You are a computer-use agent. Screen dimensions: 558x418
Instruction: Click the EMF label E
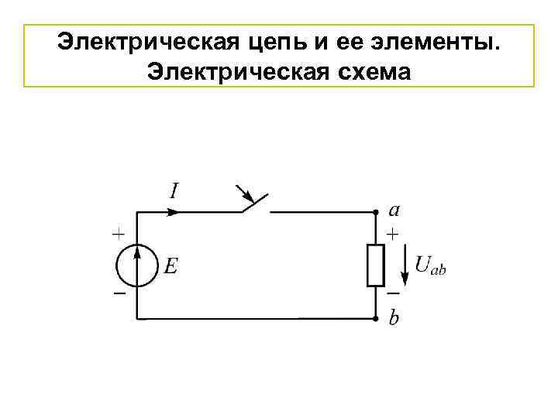pyautogui.click(x=170, y=266)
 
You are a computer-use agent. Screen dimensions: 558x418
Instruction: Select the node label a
pyautogui.click(x=394, y=209)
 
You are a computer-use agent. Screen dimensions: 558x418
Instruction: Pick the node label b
pyautogui.click(x=394, y=318)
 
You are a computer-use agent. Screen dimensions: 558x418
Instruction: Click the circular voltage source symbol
pyautogui.click(x=137, y=264)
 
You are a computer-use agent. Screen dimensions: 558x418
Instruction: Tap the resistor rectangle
pyautogui.click(x=376, y=264)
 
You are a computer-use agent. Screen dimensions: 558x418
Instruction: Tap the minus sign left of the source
pyautogui.click(x=119, y=296)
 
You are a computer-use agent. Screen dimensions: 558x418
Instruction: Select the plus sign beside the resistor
pyautogui.click(x=394, y=231)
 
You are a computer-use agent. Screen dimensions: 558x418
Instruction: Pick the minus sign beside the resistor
pyautogui.click(x=394, y=294)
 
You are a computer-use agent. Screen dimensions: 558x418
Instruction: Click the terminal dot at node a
pyautogui.click(x=376, y=211)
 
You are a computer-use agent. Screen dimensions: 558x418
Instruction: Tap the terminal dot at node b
pyautogui.click(x=376, y=318)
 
